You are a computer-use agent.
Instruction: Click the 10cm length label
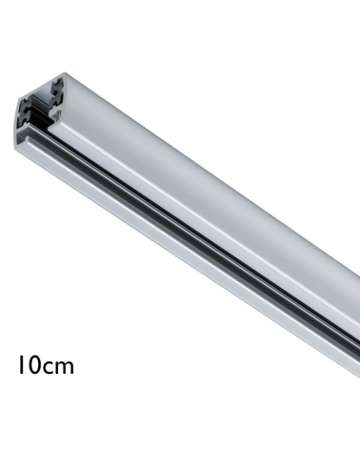[46, 364]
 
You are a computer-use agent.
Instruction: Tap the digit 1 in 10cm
[21, 364]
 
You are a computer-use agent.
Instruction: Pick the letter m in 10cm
[65, 368]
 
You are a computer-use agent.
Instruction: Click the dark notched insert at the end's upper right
[57, 88]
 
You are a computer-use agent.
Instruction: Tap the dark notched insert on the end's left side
[27, 112]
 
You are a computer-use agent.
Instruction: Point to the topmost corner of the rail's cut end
[65, 72]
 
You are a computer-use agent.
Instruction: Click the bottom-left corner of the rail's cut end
[15, 148]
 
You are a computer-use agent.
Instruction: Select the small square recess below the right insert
[58, 112]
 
